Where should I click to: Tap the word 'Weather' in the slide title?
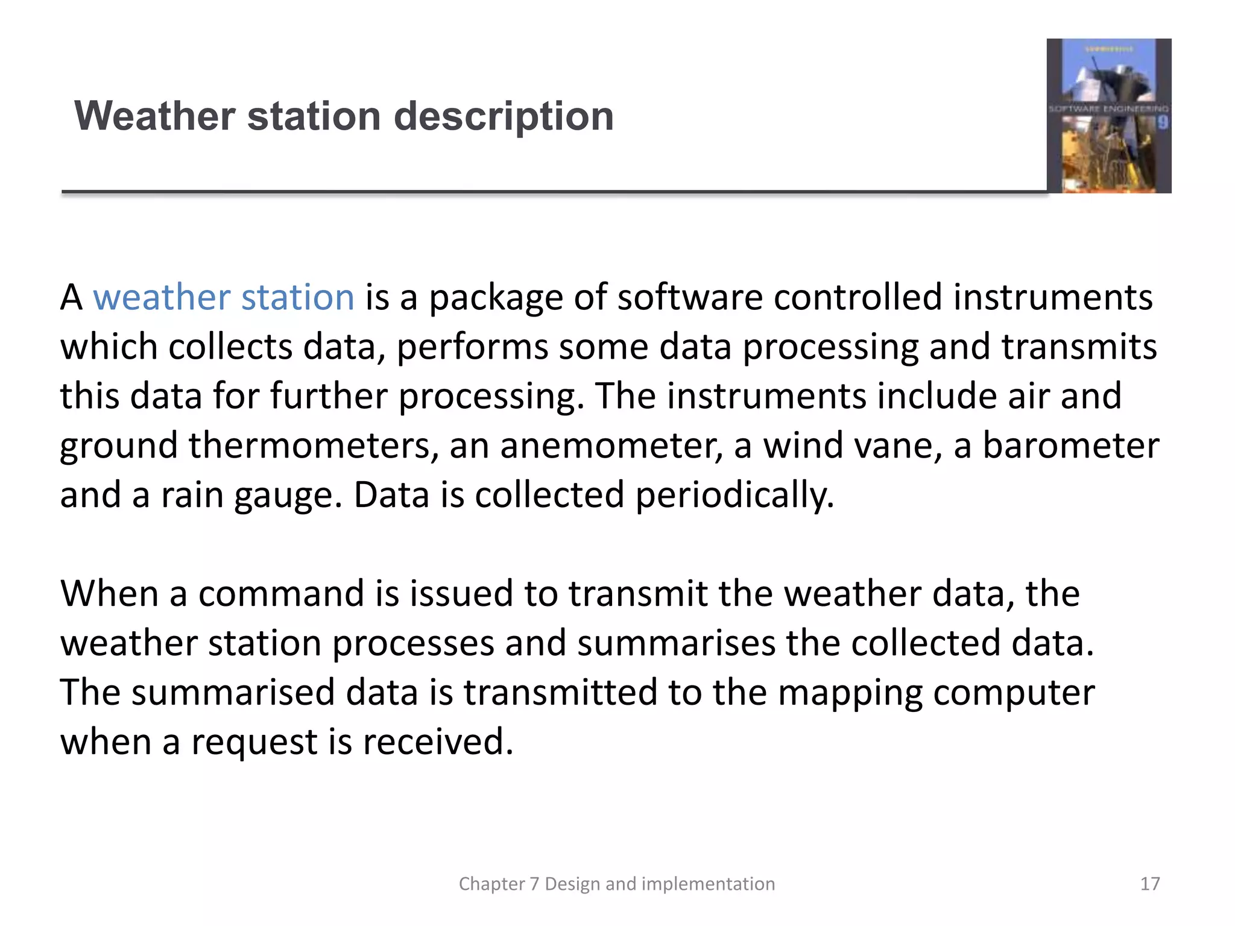coord(154,116)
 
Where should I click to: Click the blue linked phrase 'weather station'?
coord(224,298)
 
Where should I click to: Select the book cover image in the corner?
coord(1108,116)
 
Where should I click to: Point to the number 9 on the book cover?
coord(1162,123)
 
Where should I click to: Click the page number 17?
coord(1149,884)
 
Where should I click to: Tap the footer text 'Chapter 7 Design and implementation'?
coord(616,884)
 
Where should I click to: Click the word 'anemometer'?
coord(611,446)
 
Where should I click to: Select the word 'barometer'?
coord(1070,446)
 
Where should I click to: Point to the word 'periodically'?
coord(734,496)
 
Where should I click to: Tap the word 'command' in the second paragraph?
coord(282,594)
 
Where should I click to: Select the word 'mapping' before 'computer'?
coord(850,693)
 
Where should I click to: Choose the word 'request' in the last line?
coord(254,742)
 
